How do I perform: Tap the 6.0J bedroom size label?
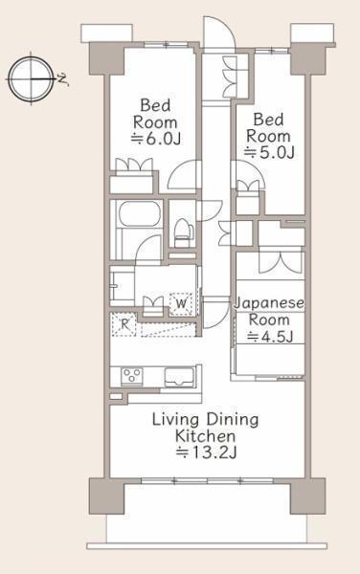click(x=156, y=139)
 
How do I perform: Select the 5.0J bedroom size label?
click(x=270, y=152)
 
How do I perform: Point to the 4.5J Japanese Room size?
click(x=270, y=337)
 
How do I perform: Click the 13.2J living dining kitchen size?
click(x=206, y=453)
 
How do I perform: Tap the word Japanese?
click(x=269, y=303)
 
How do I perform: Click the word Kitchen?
click(x=205, y=436)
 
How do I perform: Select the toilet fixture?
click(x=183, y=232)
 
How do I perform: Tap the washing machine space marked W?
click(x=181, y=303)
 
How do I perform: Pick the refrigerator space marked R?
click(x=124, y=324)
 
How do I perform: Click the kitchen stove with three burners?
click(x=132, y=376)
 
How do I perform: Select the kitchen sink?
click(x=179, y=377)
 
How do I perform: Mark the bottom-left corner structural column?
click(x=106, y=496)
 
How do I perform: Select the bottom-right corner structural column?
click(x=307, y=496)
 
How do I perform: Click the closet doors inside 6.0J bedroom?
click(x=134, y=165)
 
